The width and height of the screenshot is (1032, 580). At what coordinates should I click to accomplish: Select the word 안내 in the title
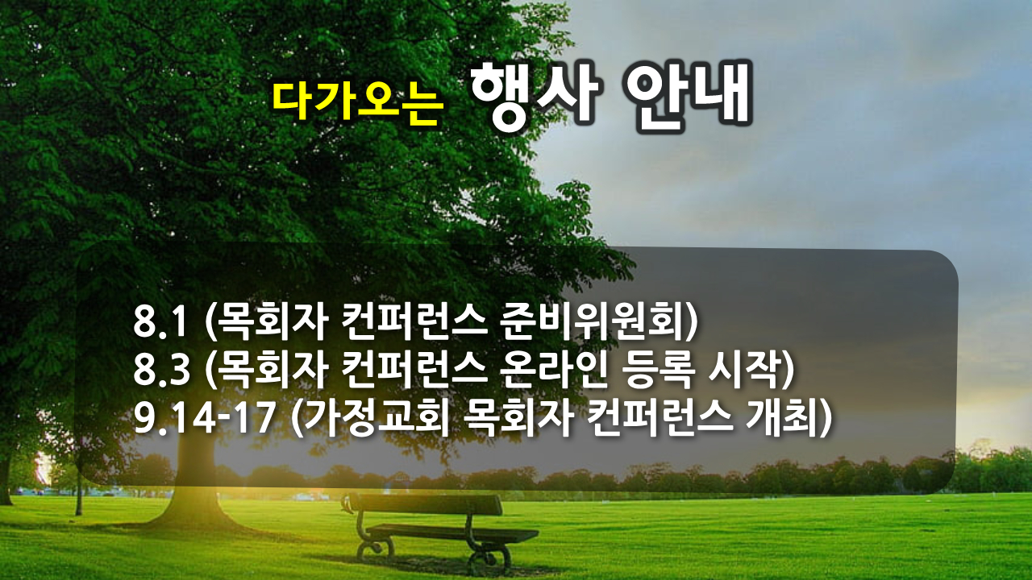[688, 94]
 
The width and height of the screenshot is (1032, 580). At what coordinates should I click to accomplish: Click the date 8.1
[160, 321]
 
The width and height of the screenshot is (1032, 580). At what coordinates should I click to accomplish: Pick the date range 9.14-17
[205, 418]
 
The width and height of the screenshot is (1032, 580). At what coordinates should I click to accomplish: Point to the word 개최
[779, 418]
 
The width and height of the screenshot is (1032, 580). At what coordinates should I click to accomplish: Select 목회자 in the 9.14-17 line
[518, 418]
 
